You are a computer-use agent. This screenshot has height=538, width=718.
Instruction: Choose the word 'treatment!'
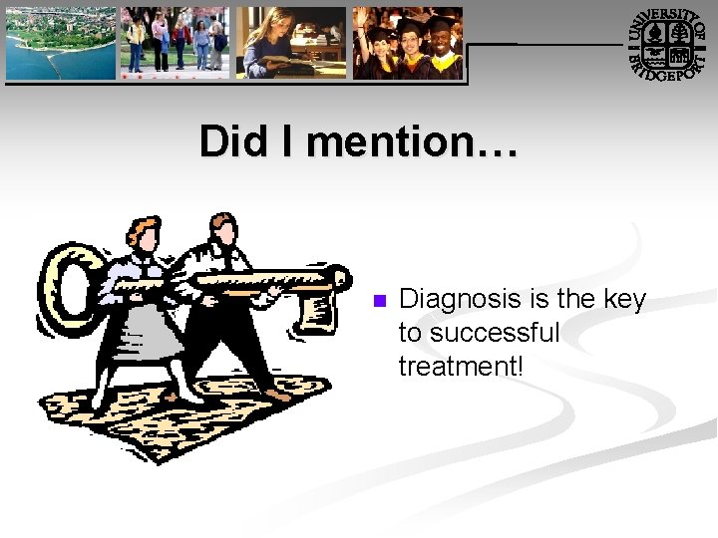460,366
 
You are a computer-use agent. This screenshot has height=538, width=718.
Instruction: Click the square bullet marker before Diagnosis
377,300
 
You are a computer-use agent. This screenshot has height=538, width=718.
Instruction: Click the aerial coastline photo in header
62,43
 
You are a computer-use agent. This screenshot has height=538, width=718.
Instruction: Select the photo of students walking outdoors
175,43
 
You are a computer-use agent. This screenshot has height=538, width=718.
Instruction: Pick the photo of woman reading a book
291,43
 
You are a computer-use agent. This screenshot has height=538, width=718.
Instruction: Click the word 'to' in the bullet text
410,333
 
